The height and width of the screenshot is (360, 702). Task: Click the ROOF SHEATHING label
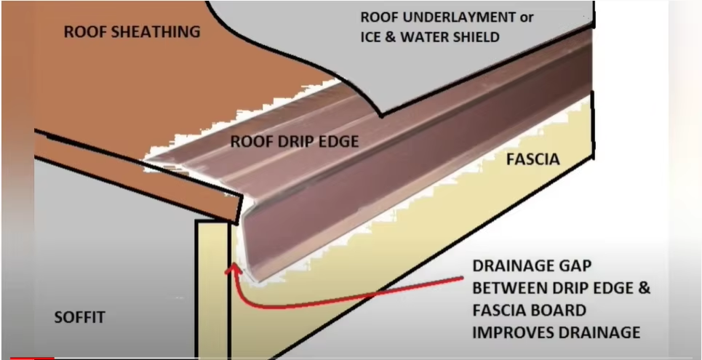[x=132, y=31]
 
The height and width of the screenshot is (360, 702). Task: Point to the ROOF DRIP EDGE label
[x=295, y=141]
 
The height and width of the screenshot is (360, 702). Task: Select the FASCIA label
[x=533, y=159]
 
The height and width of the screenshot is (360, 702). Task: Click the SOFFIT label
[x=80, y=317]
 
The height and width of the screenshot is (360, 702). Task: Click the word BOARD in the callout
[x=559, y=311]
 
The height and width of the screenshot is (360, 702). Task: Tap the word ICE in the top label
[x=373, y=36]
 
